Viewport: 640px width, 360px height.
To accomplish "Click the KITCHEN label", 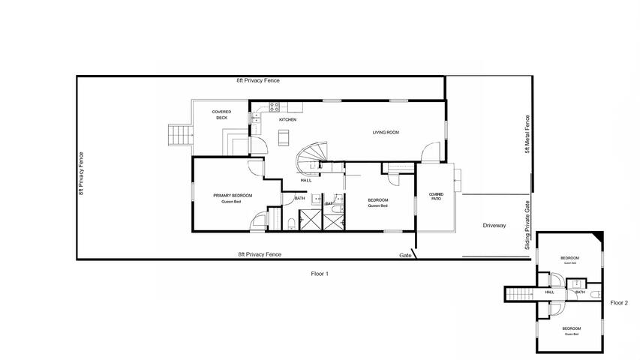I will tap(287, 120).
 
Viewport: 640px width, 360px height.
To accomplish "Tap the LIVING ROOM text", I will tap(385, 133).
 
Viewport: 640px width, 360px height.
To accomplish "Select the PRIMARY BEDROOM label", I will tap(233, 198).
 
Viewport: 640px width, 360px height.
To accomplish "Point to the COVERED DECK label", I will tap(221, 115).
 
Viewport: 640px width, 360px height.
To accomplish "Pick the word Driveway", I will tap(494, 225).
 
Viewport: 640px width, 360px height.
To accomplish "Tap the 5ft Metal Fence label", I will tap(527, 133).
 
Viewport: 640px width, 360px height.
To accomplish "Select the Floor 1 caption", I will tap(320, 274).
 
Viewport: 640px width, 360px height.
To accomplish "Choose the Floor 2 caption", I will tap(619, 303).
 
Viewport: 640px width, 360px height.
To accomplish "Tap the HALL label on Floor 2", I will tap(550, 292).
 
